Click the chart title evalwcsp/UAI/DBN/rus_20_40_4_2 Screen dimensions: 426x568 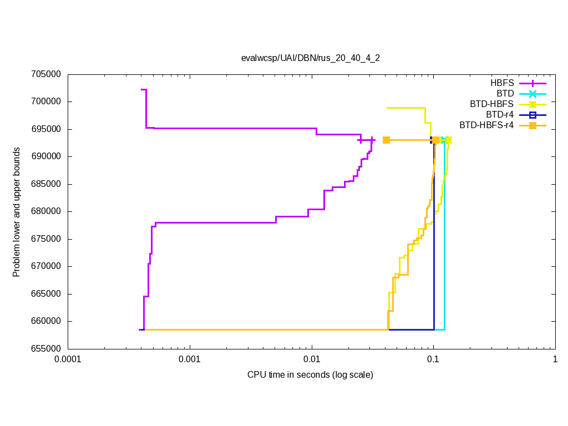coord(310,58)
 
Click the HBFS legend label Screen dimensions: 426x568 coord(502,83)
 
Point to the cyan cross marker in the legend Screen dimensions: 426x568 coord(532,94)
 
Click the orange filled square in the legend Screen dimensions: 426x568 coord(532,125)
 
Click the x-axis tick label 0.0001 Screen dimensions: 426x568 coord(68,359)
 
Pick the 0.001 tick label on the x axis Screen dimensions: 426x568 coord(190,359)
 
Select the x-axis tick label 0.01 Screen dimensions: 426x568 coord(312,359)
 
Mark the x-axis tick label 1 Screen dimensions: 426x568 coord(555,359)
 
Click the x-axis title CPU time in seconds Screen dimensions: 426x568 coord(310,375)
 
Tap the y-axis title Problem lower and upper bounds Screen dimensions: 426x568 coord(17,212)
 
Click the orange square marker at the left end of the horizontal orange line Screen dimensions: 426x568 coord(387,140)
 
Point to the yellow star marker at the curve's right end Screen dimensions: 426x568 coord(448,140)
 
